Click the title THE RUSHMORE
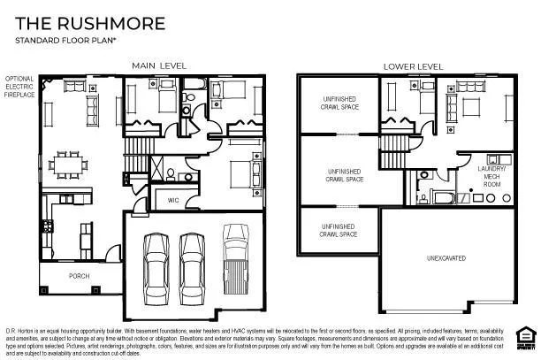77,23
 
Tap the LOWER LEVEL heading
412,66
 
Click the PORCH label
80,275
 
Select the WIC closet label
173,201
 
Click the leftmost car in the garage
156,263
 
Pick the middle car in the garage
193,263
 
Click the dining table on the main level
65,164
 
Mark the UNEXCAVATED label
446,258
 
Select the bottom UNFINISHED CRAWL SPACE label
339,231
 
